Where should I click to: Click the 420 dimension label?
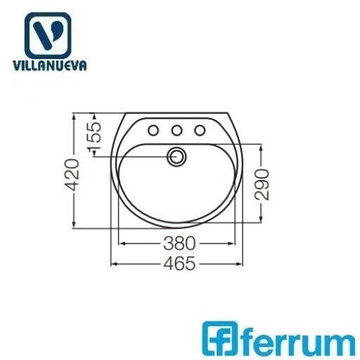(72, 175)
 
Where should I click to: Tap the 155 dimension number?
(94, 136)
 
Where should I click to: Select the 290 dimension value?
(262, 185)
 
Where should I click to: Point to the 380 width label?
(179, 243)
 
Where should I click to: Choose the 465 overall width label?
(179, 264)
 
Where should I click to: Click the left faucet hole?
(153, 130)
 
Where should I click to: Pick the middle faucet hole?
(176, 130)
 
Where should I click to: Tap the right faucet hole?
(200, 130)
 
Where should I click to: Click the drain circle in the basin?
(176, 157)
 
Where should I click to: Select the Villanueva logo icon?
(48, 35)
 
